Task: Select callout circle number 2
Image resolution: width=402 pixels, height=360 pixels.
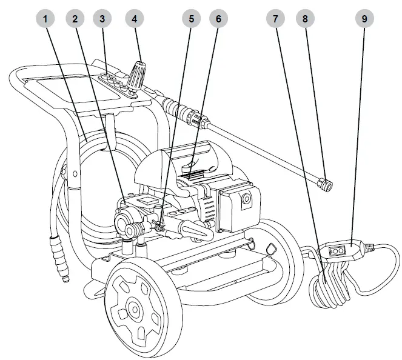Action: click(75, 18)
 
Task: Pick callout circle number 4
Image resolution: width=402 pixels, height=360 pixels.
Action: click(135, 18)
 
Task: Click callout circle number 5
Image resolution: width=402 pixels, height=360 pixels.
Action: click(191, 18)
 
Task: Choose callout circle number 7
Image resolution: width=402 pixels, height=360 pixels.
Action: click(276, 18)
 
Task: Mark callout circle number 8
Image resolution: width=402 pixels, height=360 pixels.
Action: click(306, 18)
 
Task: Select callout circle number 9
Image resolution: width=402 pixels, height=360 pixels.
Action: click(364, 18)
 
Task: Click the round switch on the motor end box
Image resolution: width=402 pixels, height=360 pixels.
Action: click(246, 198)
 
